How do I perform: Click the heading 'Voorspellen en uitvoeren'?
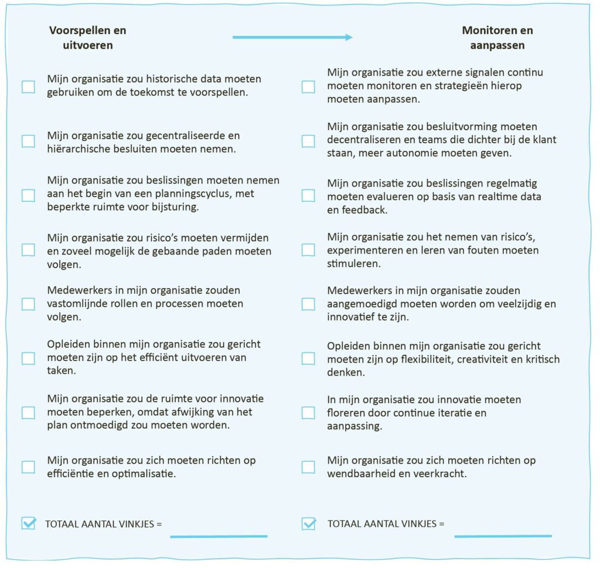[x=87, y=38]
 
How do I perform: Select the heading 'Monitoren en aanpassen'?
[x=497, y=38]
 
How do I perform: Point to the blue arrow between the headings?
[x=292, y=38]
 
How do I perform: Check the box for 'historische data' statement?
[x=28, y=87]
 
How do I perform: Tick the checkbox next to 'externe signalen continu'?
[x=308, y=87]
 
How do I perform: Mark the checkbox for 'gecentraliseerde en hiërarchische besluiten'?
[x=28, y=141]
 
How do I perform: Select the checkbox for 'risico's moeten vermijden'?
[x=28, y=250]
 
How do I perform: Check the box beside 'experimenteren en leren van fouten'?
[x=308, y=250]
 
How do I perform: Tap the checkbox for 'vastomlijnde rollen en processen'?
[x=28, y=304]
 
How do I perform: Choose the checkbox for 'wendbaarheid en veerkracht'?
[x=308, y=467]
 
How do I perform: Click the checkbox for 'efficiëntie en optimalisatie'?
[x=28, y=467]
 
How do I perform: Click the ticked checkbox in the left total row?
[x=28, y=523]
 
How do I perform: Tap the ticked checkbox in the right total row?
[x=308, y=523]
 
